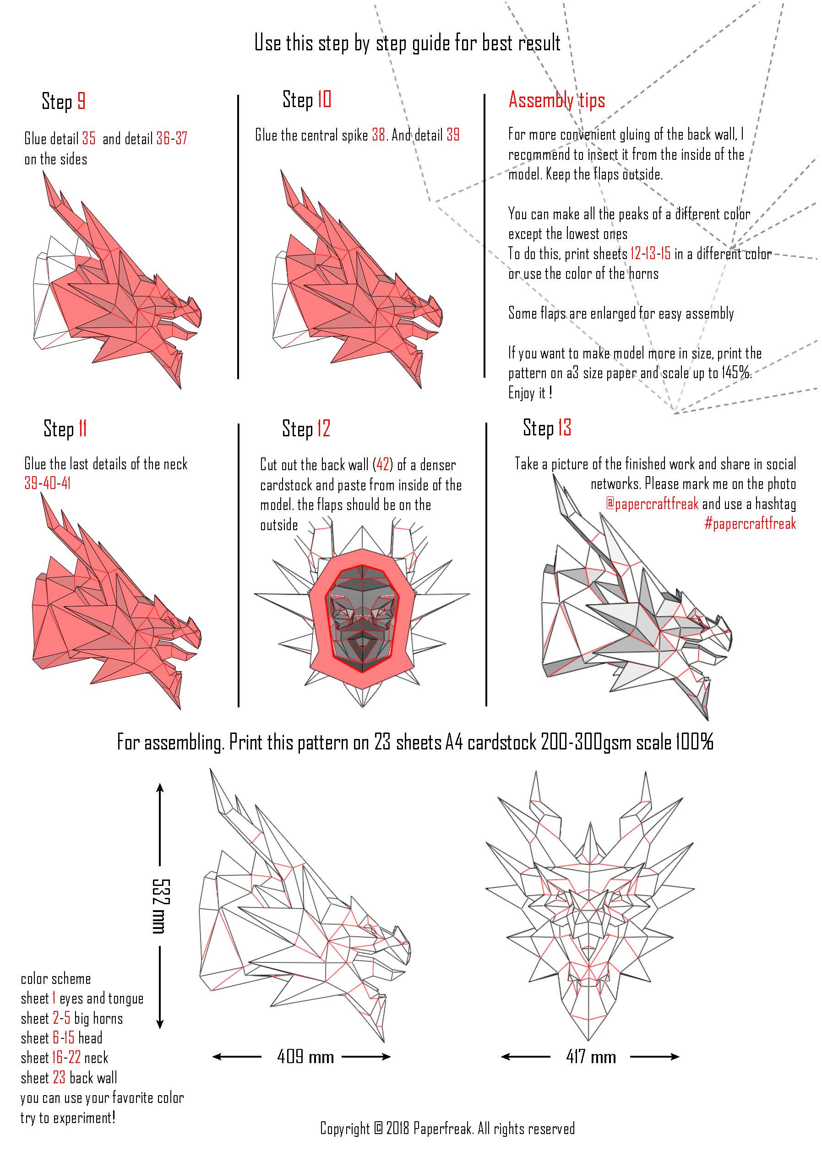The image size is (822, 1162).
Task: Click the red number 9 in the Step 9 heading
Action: click(81, 101)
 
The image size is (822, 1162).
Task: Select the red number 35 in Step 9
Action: click(88, 139)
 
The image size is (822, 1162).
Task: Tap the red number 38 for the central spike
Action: click(379, 135)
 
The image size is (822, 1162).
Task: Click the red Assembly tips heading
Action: click(557, 100)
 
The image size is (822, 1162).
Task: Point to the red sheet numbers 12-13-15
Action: click(650, 254)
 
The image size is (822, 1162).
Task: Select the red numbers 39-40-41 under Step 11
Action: click(48, 483)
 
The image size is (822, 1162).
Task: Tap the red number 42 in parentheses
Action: click(383, 464)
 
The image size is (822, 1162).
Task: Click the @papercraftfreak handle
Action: click(653, 504)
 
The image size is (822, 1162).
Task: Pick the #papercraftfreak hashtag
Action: click(750, 523)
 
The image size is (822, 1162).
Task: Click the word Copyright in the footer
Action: click(345, 1128)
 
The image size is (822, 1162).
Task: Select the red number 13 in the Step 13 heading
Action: click(565, 428)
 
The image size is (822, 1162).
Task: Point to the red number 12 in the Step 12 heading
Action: click(324, 429)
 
